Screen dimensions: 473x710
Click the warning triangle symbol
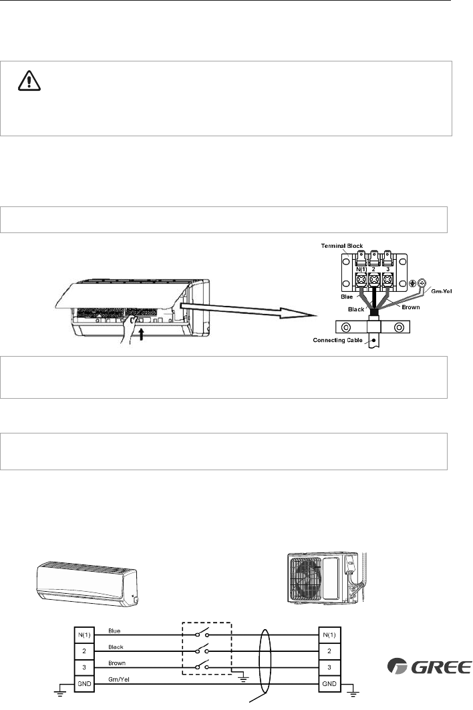click(29, 81)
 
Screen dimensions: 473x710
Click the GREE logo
click(430, 667)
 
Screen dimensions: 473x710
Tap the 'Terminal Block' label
click(342, 246)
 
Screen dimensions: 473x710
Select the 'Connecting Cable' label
click(337, 340)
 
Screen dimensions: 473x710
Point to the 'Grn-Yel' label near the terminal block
click(442, 291)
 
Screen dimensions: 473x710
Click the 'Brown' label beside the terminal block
click(411, 307)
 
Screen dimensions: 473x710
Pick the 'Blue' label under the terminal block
click(347, 297)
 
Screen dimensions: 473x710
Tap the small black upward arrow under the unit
click(143, 335)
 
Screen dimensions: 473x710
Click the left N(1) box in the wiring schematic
click(84, 635)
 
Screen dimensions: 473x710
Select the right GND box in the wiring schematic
click(329, 684)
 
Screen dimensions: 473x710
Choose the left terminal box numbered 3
click(84, 667)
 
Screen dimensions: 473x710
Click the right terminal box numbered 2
click(329, 651)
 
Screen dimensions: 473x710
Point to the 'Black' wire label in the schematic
click(116, 647)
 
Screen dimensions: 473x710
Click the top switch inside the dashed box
click(202, 633)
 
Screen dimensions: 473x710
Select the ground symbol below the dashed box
click(245, 679)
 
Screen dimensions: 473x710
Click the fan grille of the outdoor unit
click(305, 577)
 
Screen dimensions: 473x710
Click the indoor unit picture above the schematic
click(88, 583)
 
